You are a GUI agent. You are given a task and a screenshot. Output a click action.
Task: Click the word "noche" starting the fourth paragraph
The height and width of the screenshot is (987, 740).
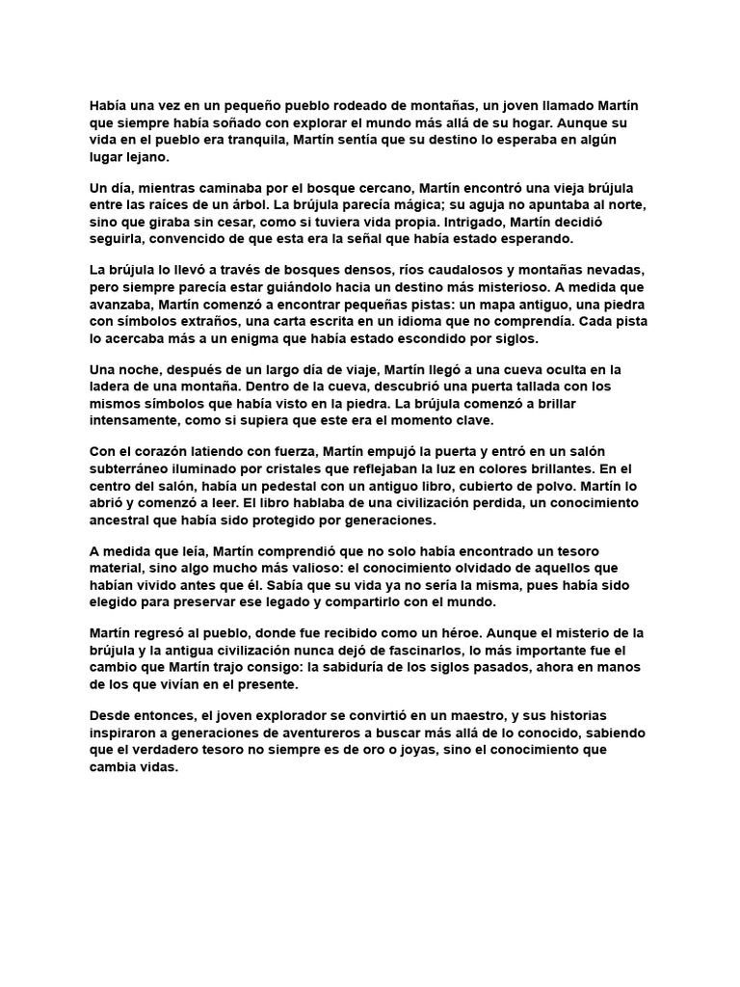143,369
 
